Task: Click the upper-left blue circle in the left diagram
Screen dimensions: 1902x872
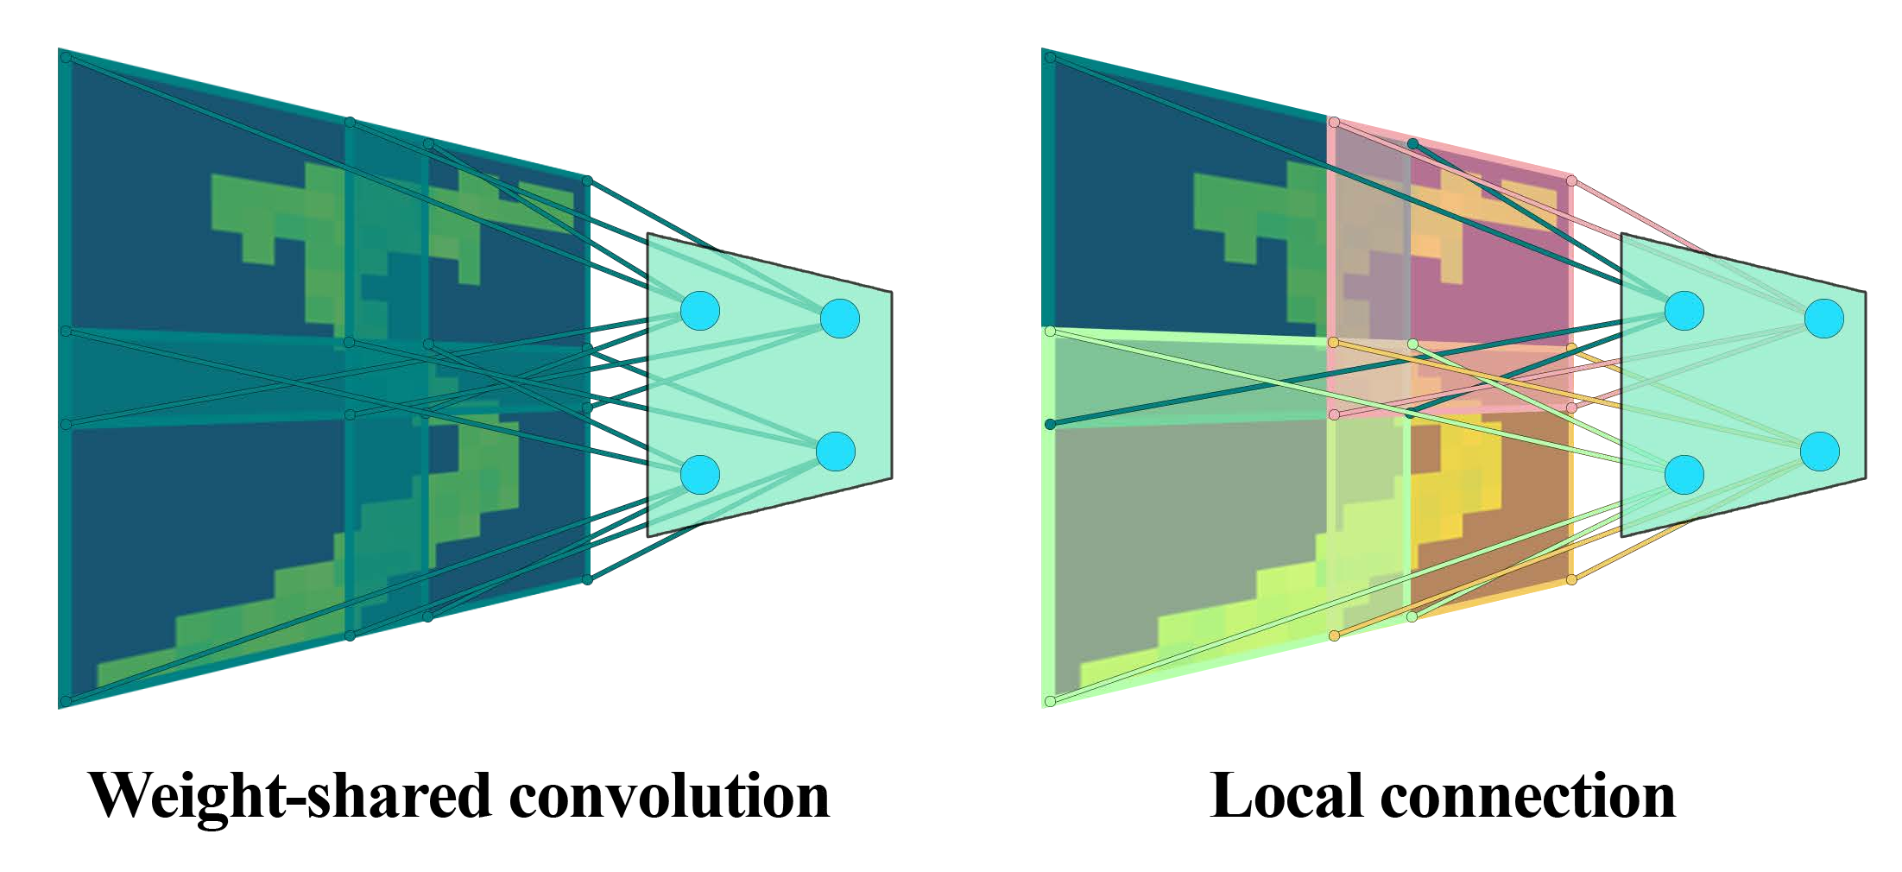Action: (x=699, y=310)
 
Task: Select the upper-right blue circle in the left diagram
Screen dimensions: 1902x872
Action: (x=839, y=319)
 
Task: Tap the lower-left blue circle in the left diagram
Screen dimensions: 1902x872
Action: (x=699, y=474)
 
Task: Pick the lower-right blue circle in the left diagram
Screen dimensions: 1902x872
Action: (x=835, y=452)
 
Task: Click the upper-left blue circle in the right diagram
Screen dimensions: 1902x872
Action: (x=1684, y=310)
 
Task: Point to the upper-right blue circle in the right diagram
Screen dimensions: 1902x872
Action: (x=1823, y=319)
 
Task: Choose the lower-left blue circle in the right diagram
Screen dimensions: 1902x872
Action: (x=1684, y=474)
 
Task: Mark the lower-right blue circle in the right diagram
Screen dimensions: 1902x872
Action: (x=1819, y=452)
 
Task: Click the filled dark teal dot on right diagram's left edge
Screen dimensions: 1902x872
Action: (x=1050, y=424)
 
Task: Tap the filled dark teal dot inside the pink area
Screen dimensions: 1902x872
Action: (x=1412, y=143)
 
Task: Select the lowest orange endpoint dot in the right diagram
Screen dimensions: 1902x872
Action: (x=1334, y=636)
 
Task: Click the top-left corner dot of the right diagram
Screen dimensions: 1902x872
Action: (x=1050, y=58)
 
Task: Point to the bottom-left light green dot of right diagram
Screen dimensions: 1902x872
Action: (x=1050, y=701)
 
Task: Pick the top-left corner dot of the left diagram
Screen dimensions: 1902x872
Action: (x=66, y=58)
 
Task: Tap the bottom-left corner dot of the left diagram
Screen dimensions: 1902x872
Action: (x=66, y=701)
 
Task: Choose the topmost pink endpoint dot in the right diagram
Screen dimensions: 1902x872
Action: (x=1334, y=123)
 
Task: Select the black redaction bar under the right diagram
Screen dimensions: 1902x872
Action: (x=1442, y=795)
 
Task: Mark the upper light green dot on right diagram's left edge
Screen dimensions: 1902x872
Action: (x=1050, y=332)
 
